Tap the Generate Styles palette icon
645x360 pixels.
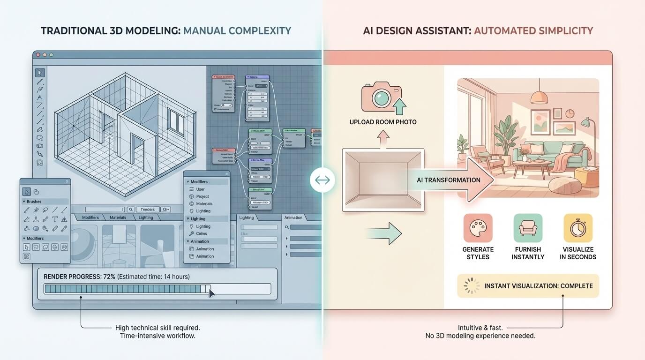pos(478,228)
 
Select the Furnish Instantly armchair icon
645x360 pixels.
pos(528,228)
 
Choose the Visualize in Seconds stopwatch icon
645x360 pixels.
pos(577,228)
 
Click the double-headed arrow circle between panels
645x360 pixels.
pos(322,180)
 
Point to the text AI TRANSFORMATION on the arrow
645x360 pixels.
pos(448,180)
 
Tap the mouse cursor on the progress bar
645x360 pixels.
pos(211,293)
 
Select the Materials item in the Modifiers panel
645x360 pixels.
pos(204,204)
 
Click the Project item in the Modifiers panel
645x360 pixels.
pos(202,196)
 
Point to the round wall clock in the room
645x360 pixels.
pos(570,113)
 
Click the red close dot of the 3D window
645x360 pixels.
pos(37,55)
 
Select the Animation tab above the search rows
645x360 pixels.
pos(293,217)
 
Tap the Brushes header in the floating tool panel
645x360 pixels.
pos(34,202)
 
